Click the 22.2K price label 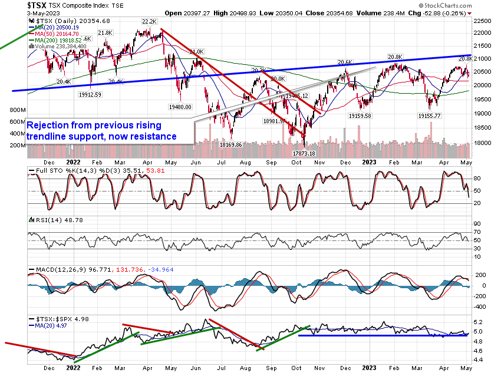pos(149,21)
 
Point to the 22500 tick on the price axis pos(483,20)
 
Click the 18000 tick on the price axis pos(483,143)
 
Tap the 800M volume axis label pos(17,110)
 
